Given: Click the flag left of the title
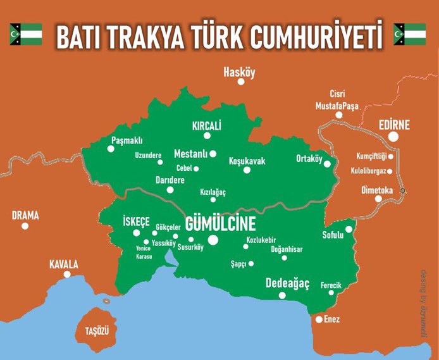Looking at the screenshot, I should pyautogui.click(x=25, y=34).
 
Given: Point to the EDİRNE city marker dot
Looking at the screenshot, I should pyautogui.click(x=394, y=136).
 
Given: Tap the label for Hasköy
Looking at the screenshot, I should pyautogui.click(x=239, y=73).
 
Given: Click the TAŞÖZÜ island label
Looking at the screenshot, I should pyautogui.click(x=98, y=331).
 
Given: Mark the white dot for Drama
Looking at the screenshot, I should pyautogui.click(x=25, y=226).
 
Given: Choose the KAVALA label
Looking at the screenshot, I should pyautogui.click(x=64, y=264).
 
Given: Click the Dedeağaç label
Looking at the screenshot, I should pyautogui.click(x=288, y=282).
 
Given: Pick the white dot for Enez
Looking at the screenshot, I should pyautogui.click(x=319, y=320).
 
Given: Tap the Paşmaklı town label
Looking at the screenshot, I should pyautogui.click(x=127, y=140).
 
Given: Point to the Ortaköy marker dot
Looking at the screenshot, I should pyautogui.click(x=327, y=164).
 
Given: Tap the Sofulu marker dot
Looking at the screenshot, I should pyautogui.click(x=349, y=230).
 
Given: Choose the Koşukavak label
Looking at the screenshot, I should pyautogui.click(x=247, y=161).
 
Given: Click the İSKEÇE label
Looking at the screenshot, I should pyautogui.click(x=136, y=221).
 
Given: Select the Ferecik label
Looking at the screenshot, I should pyautogui.click(x=331, y=285).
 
